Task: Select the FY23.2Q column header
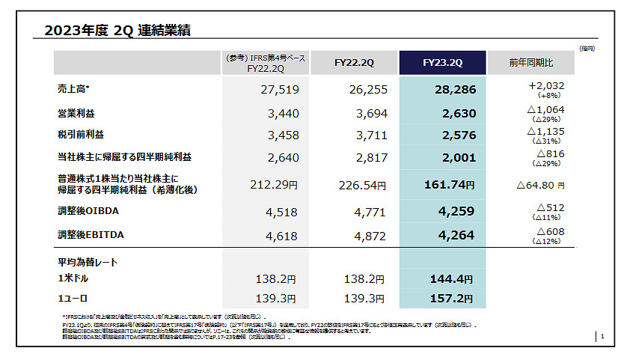tap(442, 63)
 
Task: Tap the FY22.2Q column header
tap(354, 63)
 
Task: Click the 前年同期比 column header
tap(530, 63)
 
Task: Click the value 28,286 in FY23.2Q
tap(454, 90)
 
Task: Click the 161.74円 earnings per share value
tap(449, 185)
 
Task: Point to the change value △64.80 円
tap(539, 184)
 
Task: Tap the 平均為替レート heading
tap(87, 262)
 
